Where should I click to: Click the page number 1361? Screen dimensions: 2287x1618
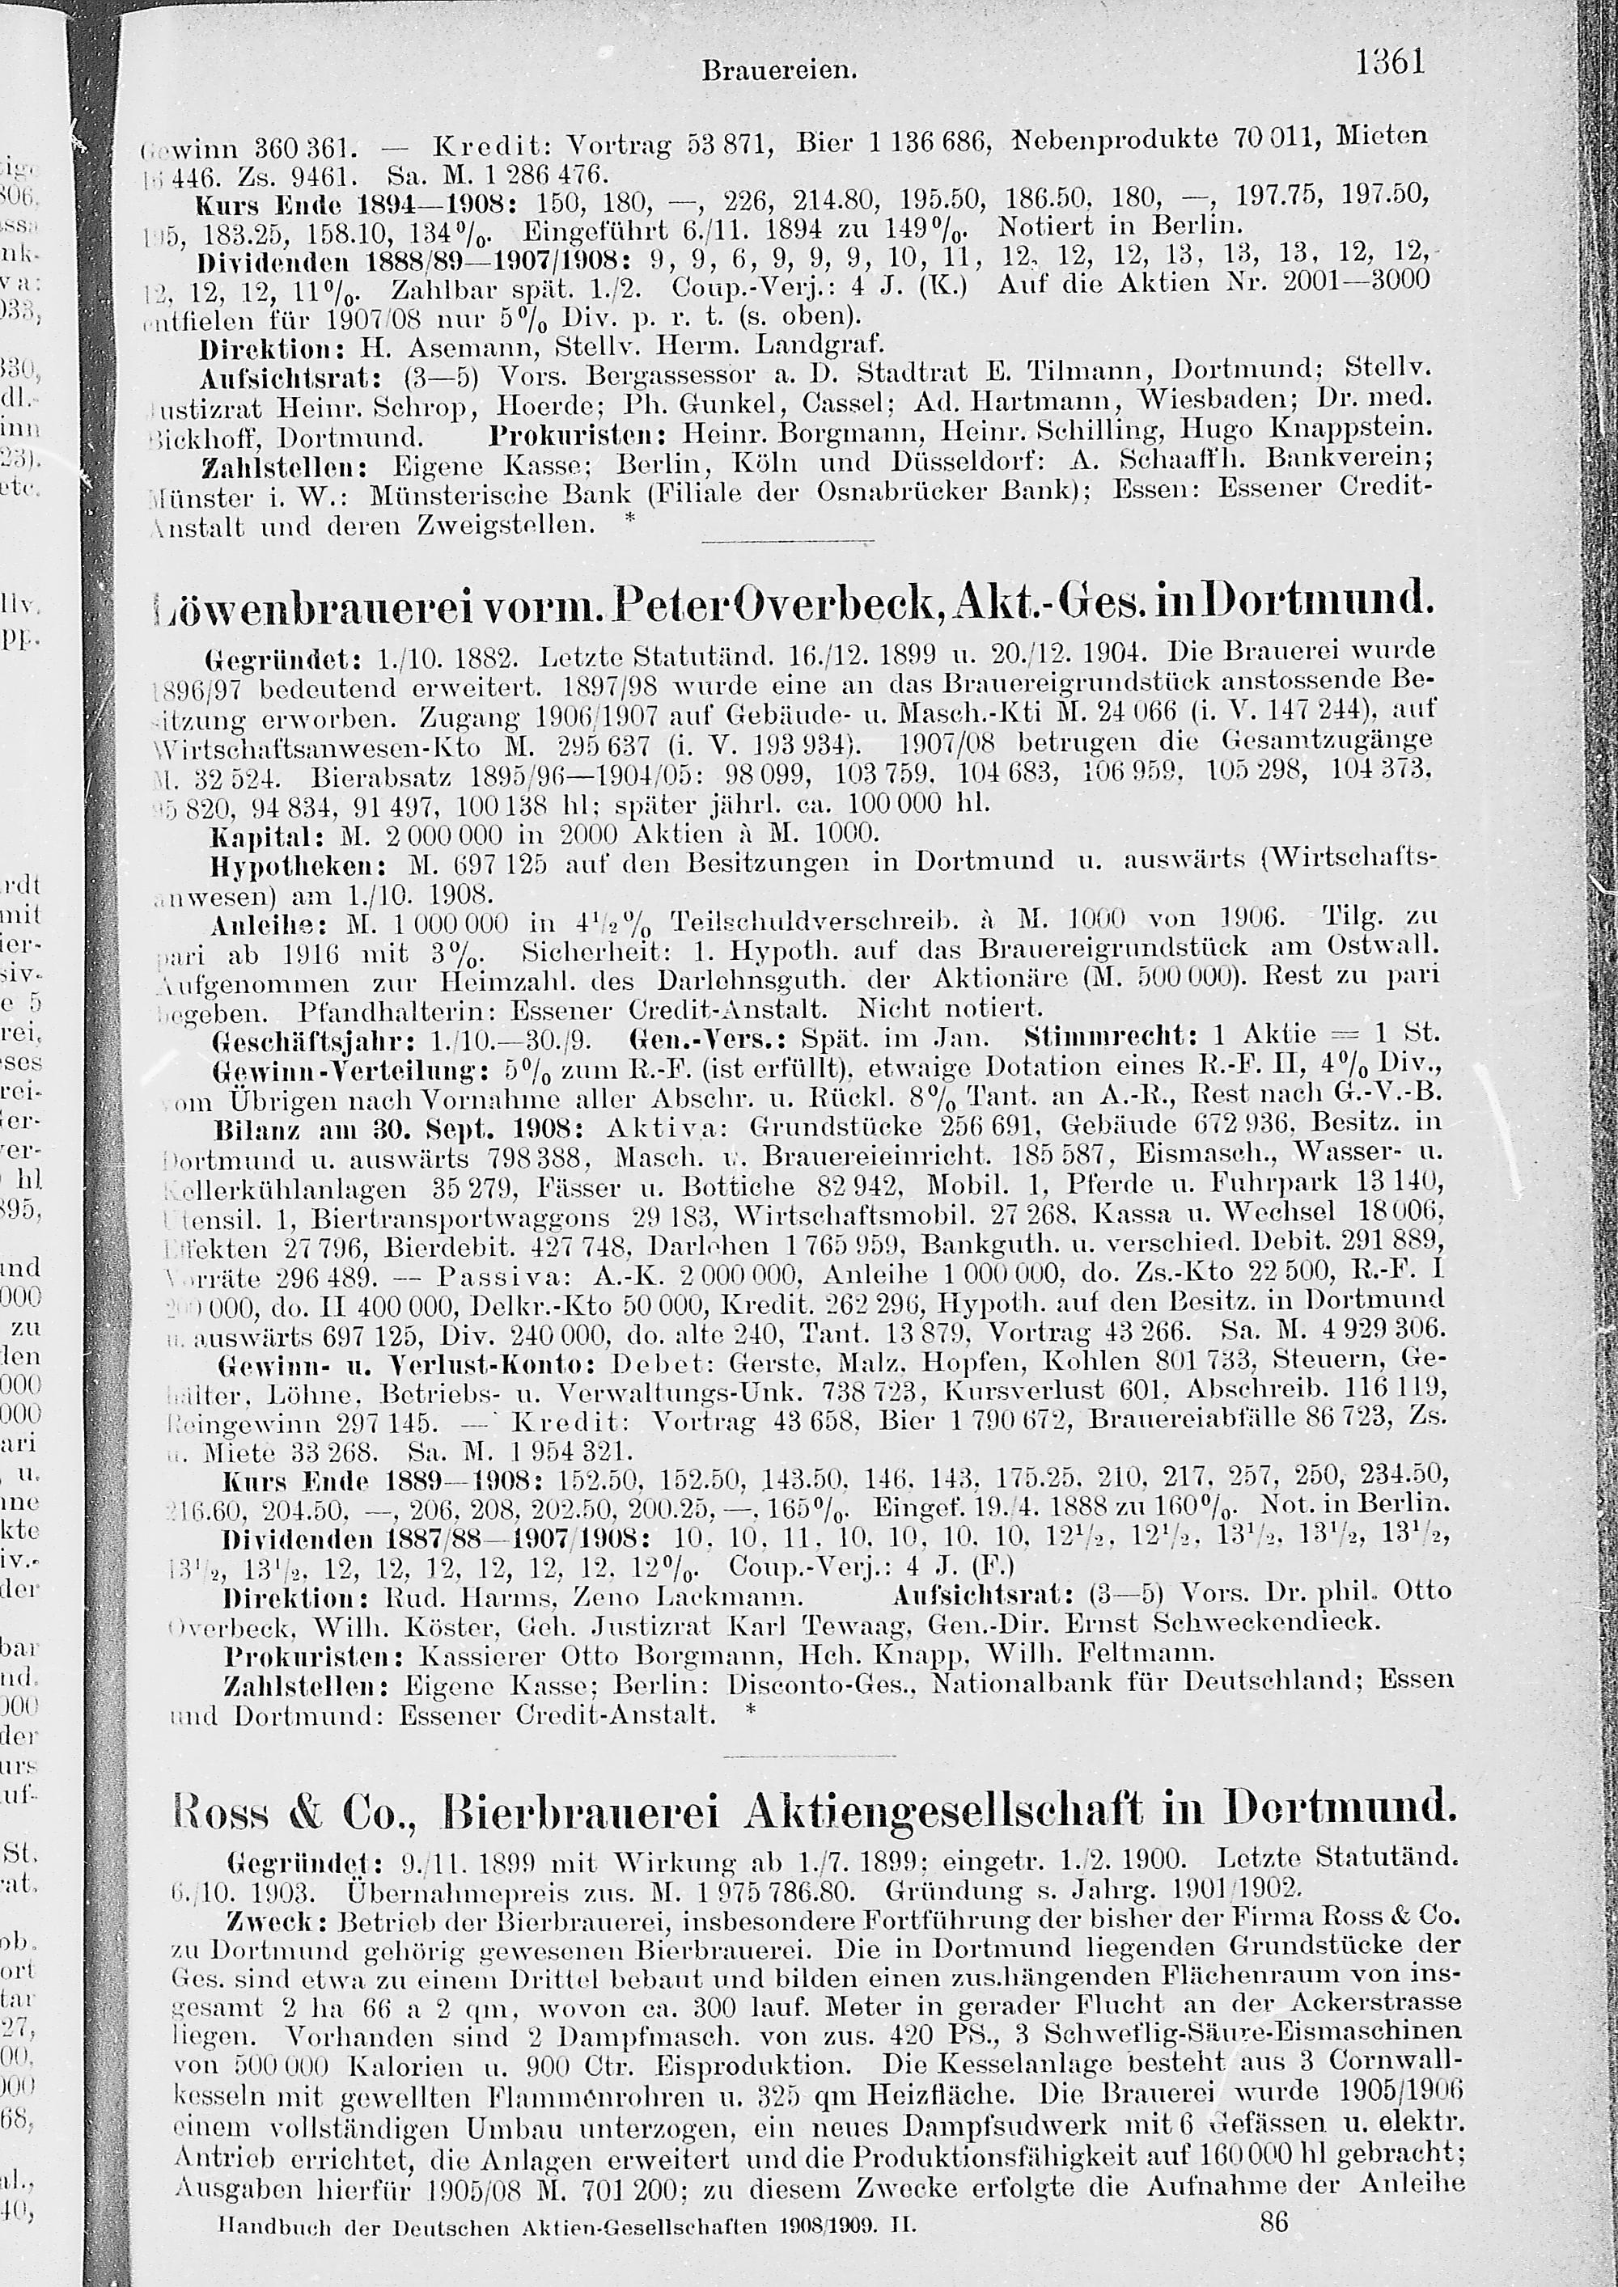click(x=1390, y=63)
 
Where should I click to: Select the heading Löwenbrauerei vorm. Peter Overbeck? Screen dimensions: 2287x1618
click(x=792, y=602)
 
